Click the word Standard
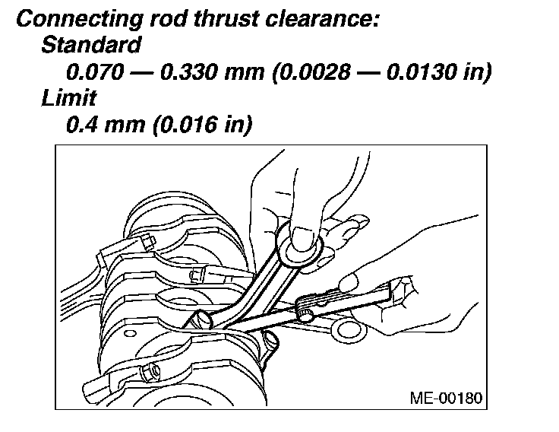pos(90,45)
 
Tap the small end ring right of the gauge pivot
pos(350,328)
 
